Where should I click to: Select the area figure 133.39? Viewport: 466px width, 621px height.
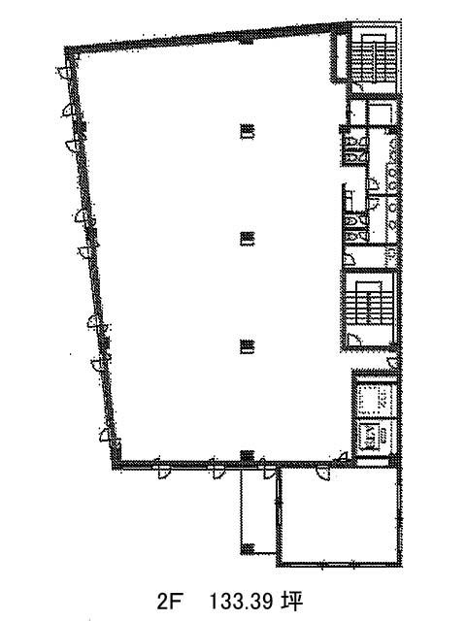tap(241, 602)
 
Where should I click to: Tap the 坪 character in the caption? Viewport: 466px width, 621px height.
tap(293, 602)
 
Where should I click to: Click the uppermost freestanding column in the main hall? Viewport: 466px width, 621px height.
tap(247, 132)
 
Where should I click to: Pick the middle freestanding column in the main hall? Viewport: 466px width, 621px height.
tap(247, 239)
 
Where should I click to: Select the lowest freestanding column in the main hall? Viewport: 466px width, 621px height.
tap(247, 346)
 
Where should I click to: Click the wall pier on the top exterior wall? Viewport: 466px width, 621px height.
tap(246, 41)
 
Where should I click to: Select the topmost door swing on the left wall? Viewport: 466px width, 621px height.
tap(64, 72)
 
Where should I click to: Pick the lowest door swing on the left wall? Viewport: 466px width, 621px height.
tap(105, 435)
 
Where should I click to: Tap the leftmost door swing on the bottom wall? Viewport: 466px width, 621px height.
tap(163, 473)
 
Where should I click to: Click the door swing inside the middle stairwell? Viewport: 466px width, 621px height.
tap(353, 339)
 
